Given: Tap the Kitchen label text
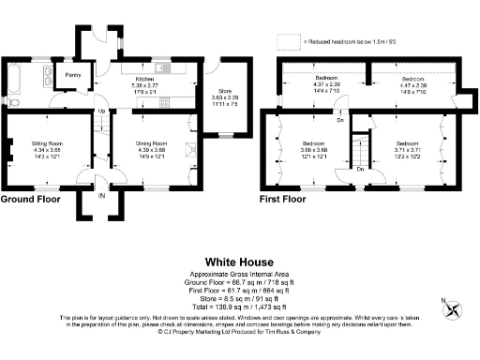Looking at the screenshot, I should (143, 80).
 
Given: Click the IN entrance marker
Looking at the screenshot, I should (100, 197).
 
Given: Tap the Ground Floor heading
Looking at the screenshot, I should (30, 200).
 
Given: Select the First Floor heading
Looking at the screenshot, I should (282, 200).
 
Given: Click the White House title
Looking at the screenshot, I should (239, 262).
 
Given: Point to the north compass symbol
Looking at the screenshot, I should (453, 308).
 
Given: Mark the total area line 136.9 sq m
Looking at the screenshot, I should (239, 307).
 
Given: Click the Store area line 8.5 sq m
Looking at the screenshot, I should (239, 297).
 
